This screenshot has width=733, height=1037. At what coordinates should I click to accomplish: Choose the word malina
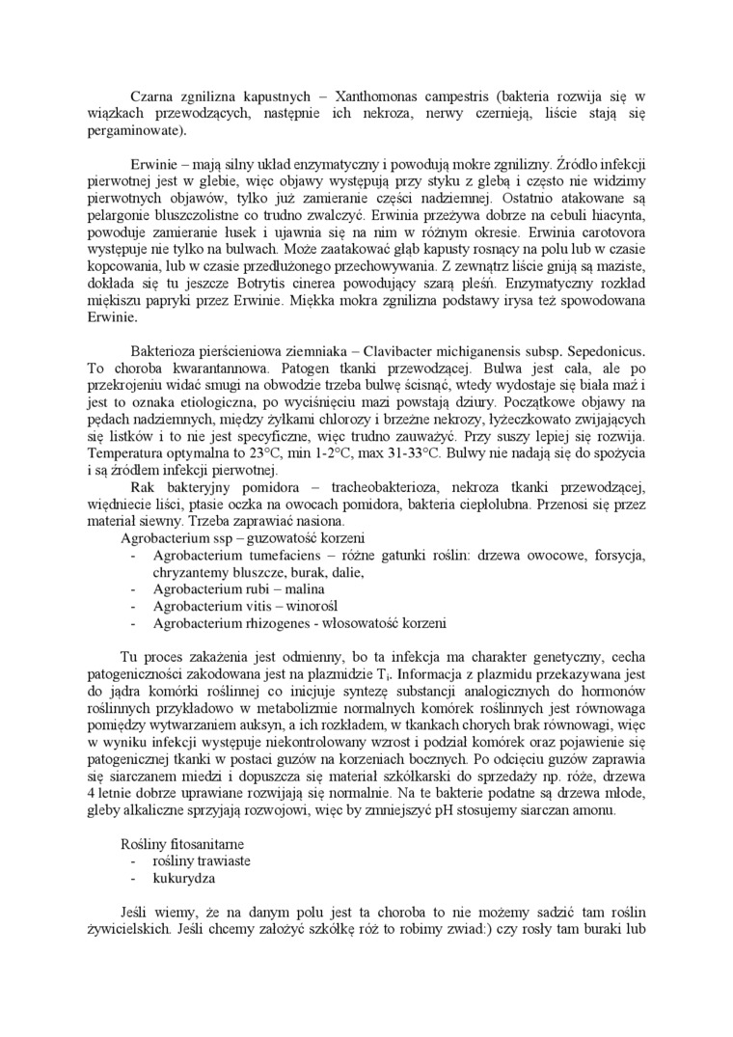(300, 589)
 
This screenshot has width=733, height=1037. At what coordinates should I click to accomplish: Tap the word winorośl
(303, 607)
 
